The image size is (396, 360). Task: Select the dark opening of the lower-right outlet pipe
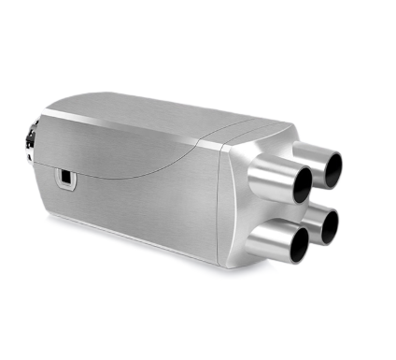coord(327,225)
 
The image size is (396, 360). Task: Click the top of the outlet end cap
coord(257,131)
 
